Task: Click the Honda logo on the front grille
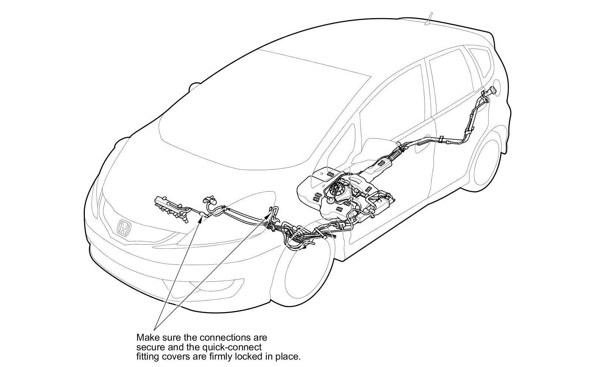[124, 228]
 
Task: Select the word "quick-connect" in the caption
[239, 347]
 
